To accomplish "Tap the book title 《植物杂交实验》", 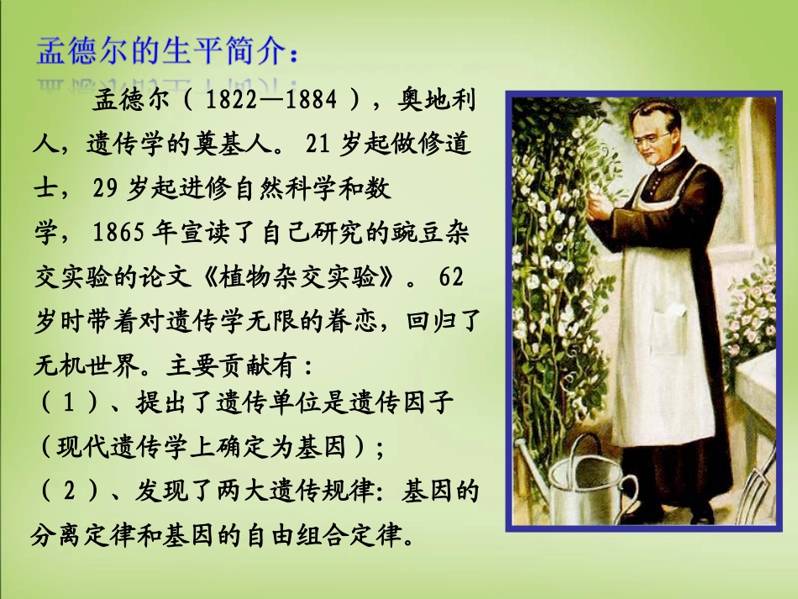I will pos(298,277).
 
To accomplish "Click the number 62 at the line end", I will pos(451,277).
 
